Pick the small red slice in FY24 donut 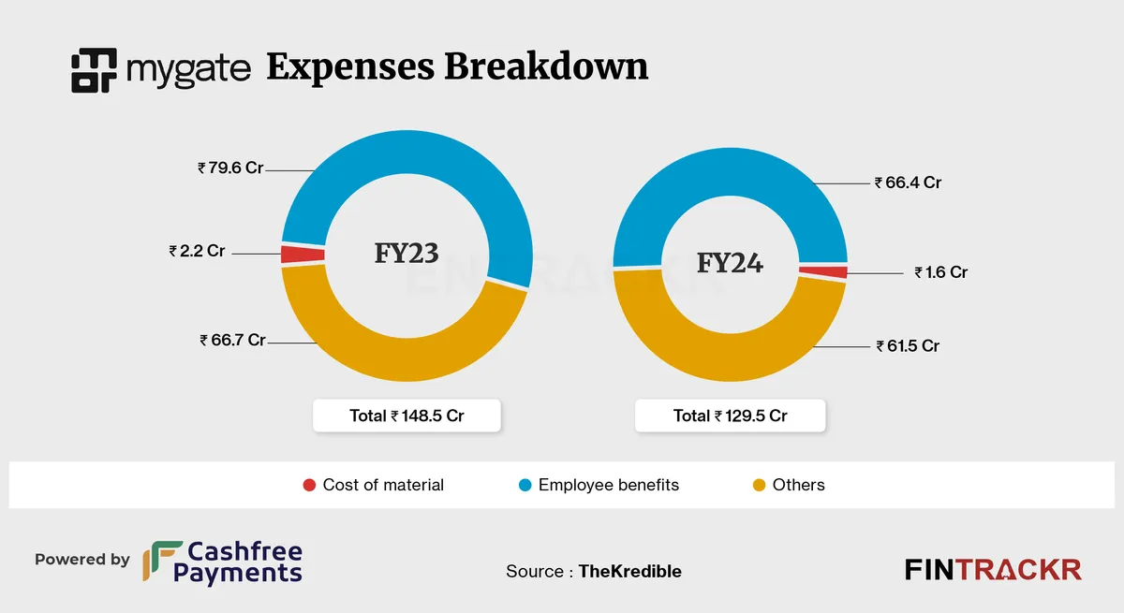point(823,272)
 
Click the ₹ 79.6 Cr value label point(230,169)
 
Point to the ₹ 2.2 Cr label point(199,252)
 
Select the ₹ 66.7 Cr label point(233,341)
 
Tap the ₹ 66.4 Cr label point(908,183)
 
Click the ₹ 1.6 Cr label point(941,273)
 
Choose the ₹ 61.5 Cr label point(908,346)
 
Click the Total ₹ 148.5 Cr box point(407,416)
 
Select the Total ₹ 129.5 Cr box point(730,416)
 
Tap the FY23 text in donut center point(406,253)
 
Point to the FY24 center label point(730,263)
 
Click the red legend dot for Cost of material point(309,485)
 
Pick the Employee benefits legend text point(608,485)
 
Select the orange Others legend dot point(760,485)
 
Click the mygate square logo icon point(94,70)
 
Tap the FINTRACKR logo point(993,569)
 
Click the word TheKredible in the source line point(629,571)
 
